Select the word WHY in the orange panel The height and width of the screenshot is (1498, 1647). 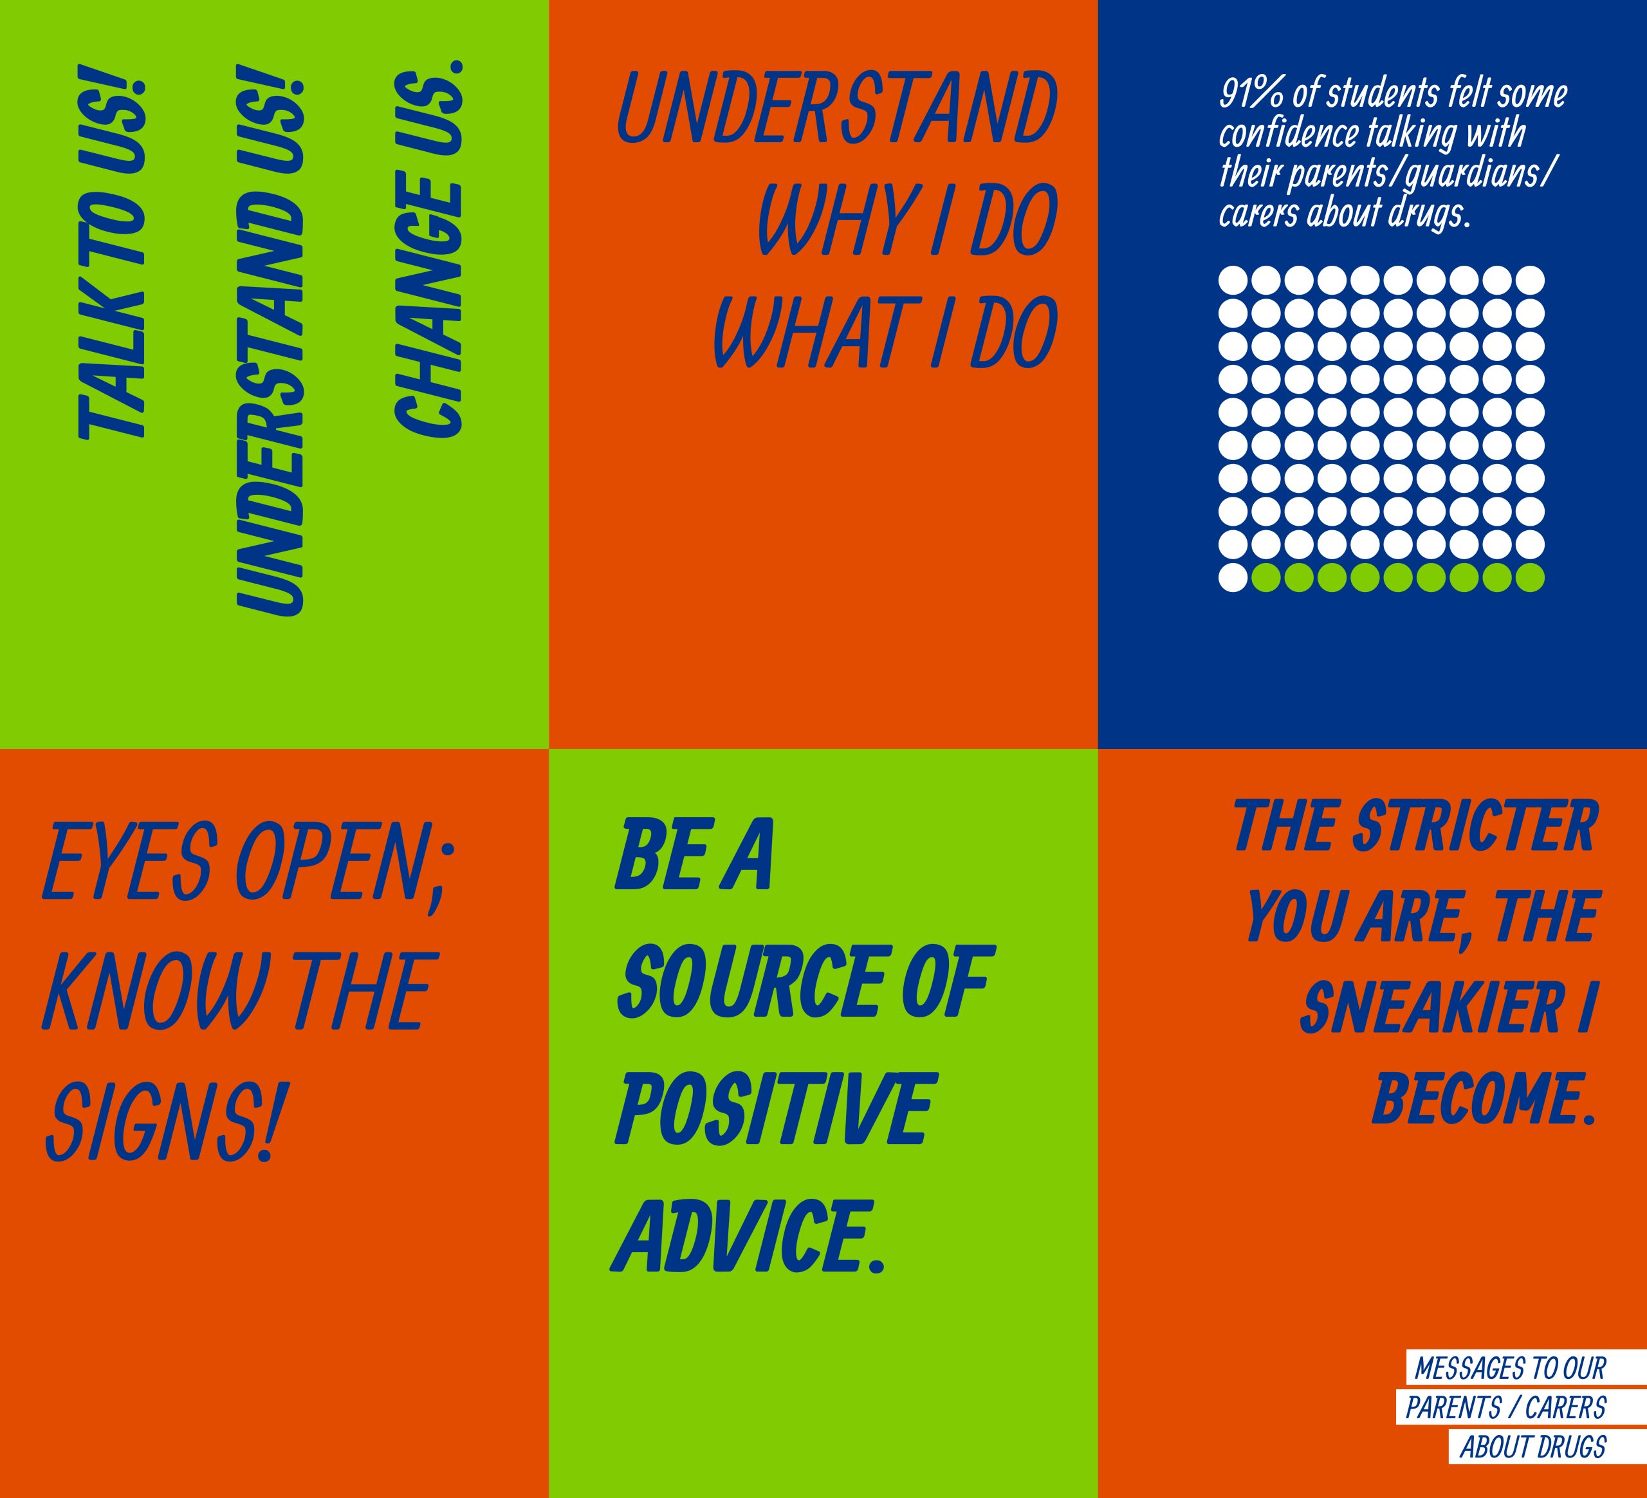[x=833, y=221]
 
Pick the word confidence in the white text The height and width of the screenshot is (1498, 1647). [x=1289, y=133]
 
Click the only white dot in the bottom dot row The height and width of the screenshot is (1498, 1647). [x=1233, y=577]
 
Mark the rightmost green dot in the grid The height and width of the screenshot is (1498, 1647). [x=1529, y=577]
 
